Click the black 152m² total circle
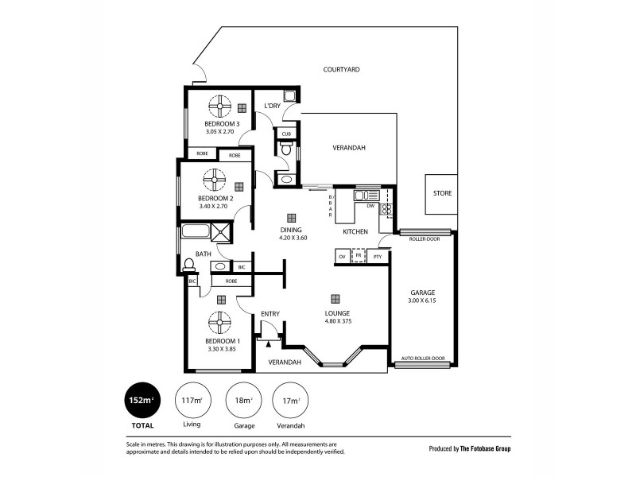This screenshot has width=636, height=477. pyautogui.click(x=140, y=400)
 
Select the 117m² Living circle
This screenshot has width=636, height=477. pyautogui.click(x=192, y=400)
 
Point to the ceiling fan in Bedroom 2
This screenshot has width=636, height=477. pyautogui.click(x=215, y=180)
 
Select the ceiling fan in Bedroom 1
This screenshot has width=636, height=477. pyautogui.click(x=219, y=323)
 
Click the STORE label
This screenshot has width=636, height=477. pyautogui.click(x=442, y=194)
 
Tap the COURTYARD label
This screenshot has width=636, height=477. pyautogui.click(x=342, y=70)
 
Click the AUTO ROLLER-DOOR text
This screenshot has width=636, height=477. pyautogui.click(x=423, y=359)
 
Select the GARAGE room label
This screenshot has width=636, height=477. pyautogui.click(x=422, y=293)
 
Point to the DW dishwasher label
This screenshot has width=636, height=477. pyautogui.click(x=370, y=206)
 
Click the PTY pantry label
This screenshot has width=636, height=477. pyautogui.click(x=377, y=257)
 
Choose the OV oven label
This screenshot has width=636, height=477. pyautogui.click(x=343, y=257)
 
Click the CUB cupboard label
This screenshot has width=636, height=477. pyautogui.click(x=286, y=134)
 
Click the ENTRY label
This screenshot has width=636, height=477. pyautogui.click(x=270, y=314)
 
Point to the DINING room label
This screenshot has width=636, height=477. pyautogui.click(x=292, y=230)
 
